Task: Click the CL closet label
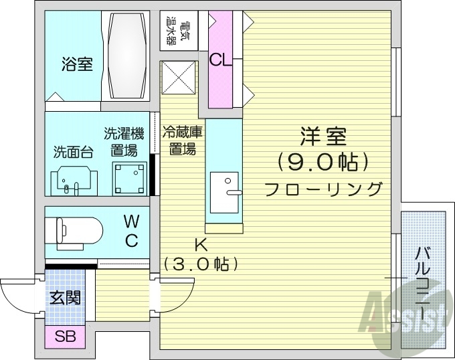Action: tap(220, 60)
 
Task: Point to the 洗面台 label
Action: tap(72, 151)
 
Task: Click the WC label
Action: tap(132, 229)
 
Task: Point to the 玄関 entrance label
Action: tap(66, 296)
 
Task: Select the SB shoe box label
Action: tap(65, 337)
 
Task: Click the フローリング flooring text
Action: tap(323, 188)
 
